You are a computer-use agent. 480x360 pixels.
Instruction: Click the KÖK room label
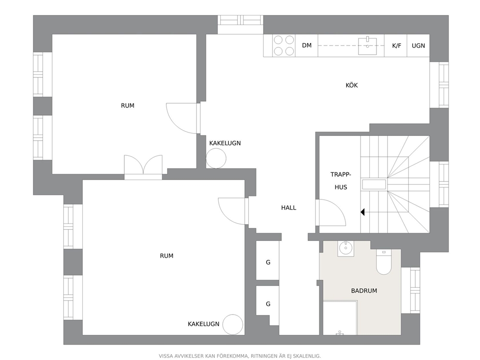tap(351, 85)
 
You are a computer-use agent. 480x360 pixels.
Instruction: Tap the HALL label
tap(288, 208)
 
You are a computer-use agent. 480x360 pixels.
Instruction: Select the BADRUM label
tap(364, 291)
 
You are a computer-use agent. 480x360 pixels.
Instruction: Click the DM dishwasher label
tap(306, 45)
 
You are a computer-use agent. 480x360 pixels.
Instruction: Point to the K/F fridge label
tap(396, 45)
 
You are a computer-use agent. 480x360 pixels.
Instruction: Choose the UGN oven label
tap(418, 45)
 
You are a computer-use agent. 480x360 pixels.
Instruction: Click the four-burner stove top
tap(284, 45)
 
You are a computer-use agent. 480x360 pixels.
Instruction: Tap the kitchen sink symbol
tap(368, 46)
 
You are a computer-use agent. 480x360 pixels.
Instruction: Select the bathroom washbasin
tap(345, 248)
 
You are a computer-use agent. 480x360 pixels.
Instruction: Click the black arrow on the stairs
tap(363, 212)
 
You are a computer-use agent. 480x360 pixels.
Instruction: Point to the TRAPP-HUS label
tap(341, 181)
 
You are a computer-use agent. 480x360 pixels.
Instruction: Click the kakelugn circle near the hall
tap(216, 158)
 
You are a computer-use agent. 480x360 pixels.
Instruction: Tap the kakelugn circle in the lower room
tap(233, 325)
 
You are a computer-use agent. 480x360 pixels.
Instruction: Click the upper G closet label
tap(268, 262)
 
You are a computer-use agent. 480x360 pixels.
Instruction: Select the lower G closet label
tap(268, 304)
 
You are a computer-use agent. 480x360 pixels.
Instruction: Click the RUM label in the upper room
tap(127, 105)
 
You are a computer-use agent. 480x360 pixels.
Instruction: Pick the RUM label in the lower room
tap(166, 256)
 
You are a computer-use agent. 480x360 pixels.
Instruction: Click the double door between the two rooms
tap(143, 167)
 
